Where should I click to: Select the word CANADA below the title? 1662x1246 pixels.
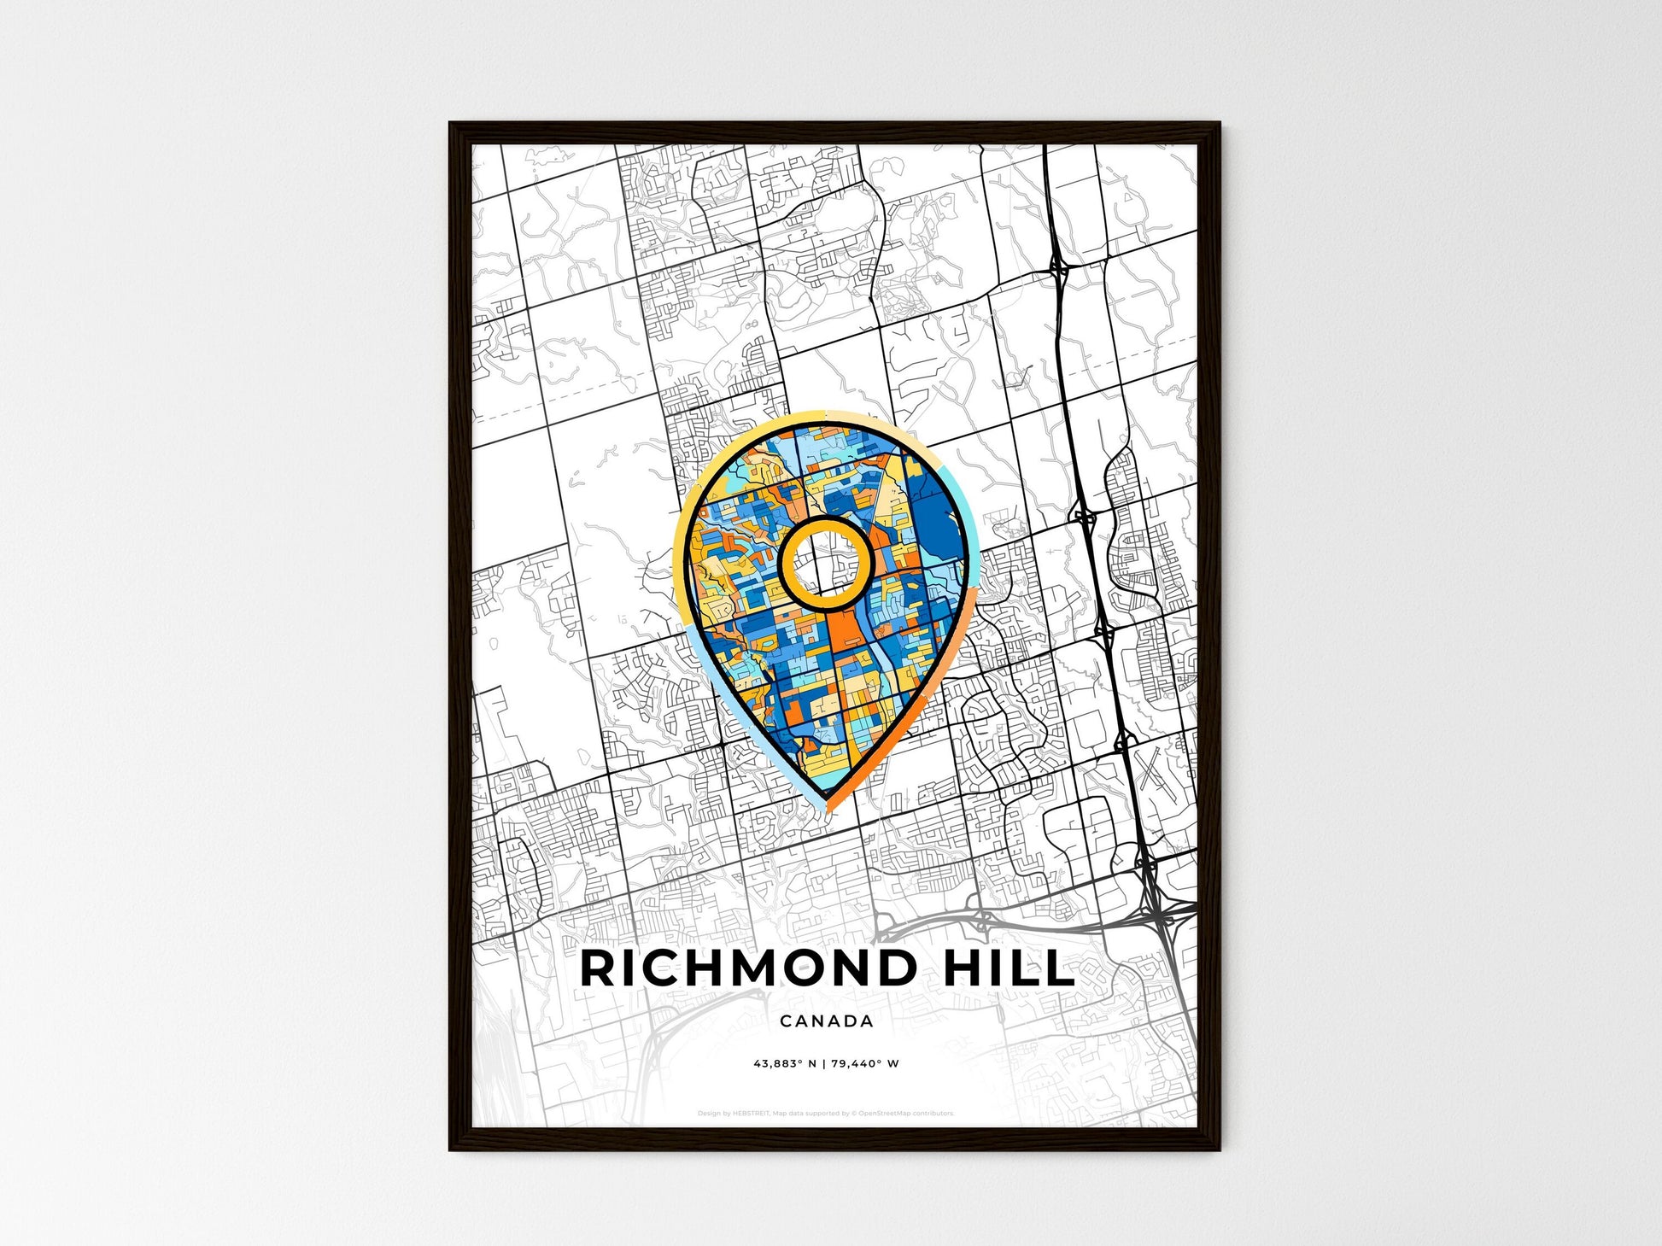point(827,1021)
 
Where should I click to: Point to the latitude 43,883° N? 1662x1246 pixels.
point(785,1064)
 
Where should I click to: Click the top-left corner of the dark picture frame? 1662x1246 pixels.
point(452,125)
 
